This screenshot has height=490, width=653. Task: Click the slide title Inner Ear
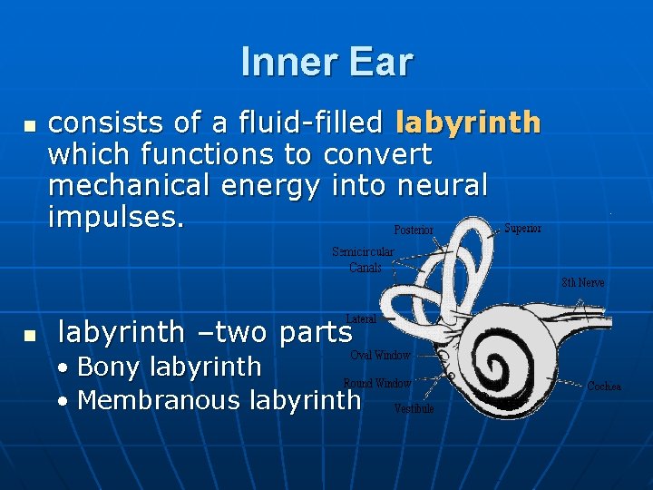coord(326,62)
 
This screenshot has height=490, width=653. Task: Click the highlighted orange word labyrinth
coord(468,122)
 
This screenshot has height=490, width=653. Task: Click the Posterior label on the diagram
coord(414,230)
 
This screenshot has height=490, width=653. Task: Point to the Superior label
coord(522,228)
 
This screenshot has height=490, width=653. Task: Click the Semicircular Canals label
coord(363,260)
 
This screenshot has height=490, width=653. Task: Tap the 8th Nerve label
coord(582,282)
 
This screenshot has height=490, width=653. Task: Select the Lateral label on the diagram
coord(361,318)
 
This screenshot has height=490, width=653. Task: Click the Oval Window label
coord(380,355)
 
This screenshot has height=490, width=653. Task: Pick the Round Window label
coord(377,383)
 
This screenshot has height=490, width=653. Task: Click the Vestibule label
coord(414,409)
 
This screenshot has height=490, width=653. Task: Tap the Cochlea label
coord(604,387)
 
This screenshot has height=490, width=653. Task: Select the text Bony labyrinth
coord(170,367)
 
